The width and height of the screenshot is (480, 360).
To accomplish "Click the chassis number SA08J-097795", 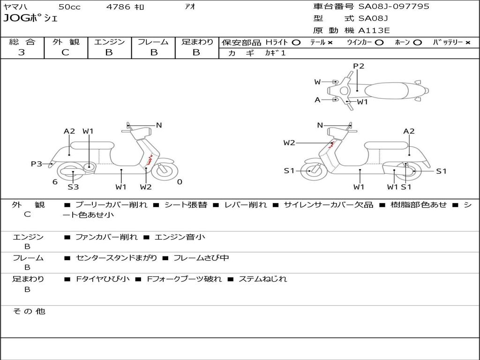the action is coord(394,7).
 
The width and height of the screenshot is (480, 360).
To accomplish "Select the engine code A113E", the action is coord(374,30).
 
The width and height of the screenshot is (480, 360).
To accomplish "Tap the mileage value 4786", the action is coord(118,7).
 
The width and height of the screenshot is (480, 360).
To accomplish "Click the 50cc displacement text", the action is coord(69,7).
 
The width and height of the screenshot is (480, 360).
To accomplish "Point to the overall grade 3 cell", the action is coord(22,52).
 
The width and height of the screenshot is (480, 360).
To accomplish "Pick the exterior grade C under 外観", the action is coord(66,52).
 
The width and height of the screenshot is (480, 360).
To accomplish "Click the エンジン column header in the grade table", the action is coord(109,42).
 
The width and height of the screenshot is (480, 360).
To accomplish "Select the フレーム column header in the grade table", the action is coord(153,42).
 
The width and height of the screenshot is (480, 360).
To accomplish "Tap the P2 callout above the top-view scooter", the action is coord(359,66).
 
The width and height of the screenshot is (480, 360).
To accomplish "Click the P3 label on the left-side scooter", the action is coord(37,164).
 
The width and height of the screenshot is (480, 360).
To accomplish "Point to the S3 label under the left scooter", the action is coord(73,187).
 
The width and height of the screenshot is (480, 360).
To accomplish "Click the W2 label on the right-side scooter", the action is coord(289,143).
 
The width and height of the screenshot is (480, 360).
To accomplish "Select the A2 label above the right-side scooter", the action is coord(409,131).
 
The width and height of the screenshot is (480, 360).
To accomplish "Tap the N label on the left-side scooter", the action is coord(159,125).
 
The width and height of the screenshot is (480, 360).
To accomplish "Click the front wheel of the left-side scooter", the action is coord(164,170).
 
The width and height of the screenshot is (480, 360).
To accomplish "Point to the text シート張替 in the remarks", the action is coord(186,205).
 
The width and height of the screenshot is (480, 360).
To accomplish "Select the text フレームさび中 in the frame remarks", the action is coord(201,258).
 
